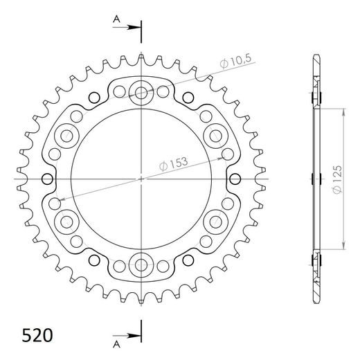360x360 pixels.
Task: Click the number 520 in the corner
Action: click(x=33, y=334)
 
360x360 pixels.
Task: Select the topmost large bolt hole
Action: click(x=142, y=93)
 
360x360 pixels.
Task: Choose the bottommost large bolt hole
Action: click(x=142, y=264)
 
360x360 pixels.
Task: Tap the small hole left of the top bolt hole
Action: click(x=120, y=91)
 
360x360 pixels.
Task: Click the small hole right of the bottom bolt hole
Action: click(x=163, y=266)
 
